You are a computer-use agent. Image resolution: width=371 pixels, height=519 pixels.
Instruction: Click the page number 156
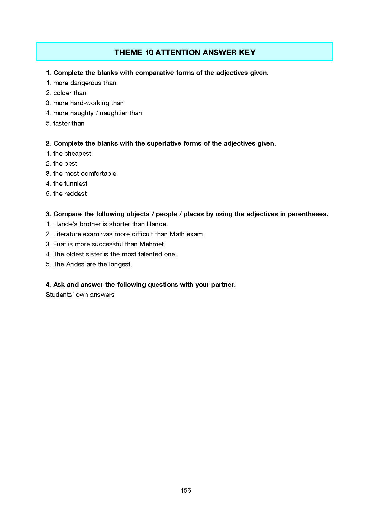pyautogui.click(x=185, y=490)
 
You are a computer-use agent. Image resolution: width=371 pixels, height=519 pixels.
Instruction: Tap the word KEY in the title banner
pyautogui.click(x=247, y=52)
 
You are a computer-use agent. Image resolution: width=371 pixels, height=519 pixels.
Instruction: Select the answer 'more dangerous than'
pyautogui.click(x=84, y=83)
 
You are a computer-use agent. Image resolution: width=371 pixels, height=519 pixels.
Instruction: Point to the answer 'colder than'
pyautogui.click(x=70, y=93)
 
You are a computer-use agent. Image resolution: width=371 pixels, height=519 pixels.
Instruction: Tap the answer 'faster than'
pyautogui.click(x=69, y=123)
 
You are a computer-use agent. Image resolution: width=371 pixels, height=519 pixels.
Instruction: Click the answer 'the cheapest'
pyautogui.click(x=72, y=153)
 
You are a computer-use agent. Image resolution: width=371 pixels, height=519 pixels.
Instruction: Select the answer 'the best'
pyautogui.click(x=65, y=163)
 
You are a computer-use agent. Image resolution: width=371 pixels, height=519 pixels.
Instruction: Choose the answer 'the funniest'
pyautogui.click(x=70, y=184)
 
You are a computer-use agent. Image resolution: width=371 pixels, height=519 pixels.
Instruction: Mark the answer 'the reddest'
pyautogui.click(x=70, y=194)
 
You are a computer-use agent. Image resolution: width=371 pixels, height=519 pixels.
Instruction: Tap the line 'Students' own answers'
pyautogui.click(x=80, y=295)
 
